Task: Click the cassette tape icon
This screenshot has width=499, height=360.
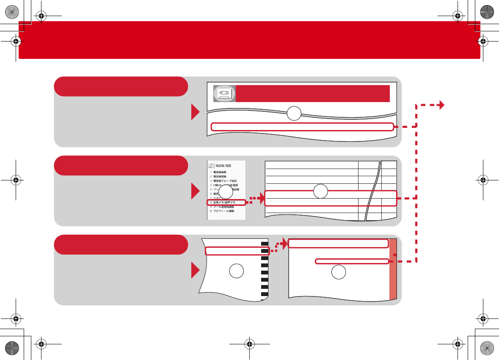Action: point(224,94)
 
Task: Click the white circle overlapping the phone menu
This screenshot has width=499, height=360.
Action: point(226,192)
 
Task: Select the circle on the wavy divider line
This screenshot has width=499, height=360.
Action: point(294,113)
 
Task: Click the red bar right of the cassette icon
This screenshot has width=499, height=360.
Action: point(312,94)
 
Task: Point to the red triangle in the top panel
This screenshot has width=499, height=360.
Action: point(195,112)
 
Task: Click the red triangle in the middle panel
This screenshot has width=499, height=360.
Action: point(195,191)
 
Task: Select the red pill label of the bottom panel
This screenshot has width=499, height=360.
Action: point(121,245)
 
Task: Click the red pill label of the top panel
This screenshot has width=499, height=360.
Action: point(121,86)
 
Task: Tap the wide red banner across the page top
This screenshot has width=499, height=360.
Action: point(249,40)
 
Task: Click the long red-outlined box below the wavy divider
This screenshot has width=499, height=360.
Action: point(302,126)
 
